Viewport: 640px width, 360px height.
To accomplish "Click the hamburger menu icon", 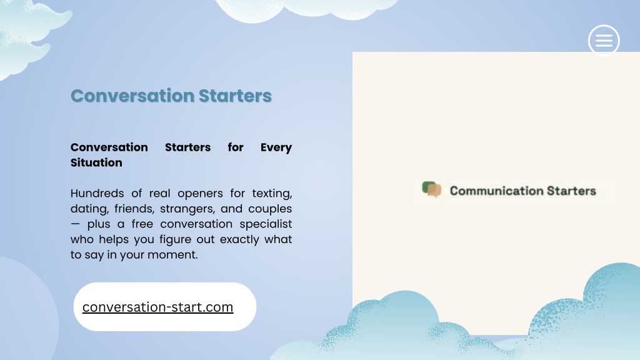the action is coord(604,41).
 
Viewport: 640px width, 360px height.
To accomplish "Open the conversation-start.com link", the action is coord(157,307).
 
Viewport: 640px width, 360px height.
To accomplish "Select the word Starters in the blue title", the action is coord(235,96).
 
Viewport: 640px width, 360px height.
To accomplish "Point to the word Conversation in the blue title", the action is coord(132,96).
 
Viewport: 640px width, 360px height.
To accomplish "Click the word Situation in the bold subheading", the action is coord(96,162).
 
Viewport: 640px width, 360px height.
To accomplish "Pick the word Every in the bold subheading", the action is coord(276,147).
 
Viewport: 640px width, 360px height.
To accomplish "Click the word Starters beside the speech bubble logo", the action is coord(571,191).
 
